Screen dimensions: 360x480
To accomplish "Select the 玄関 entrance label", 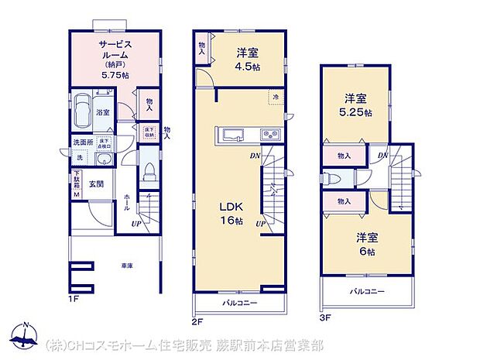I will pyautogui.click(x=96, y=183).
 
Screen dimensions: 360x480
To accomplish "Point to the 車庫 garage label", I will pyautogui.click(x=127, y=266).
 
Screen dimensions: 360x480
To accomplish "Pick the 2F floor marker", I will pyautogui.click(x=198, y=320).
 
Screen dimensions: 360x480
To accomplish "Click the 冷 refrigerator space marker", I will pyautogui.click(x=276, y=97).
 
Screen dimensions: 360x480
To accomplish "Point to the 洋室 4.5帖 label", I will pyautogui.click(x=248, y=60).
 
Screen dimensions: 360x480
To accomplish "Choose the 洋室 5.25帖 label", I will pyautogui.click(x=358, y=105).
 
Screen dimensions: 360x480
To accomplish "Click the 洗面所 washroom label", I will pyautogui.click(x=82, y=143).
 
